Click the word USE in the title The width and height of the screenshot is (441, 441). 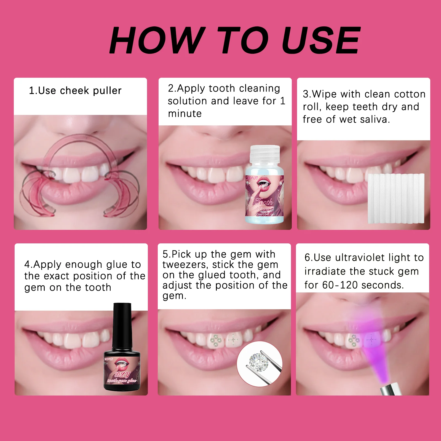pyautogui.click(x=321, y=41)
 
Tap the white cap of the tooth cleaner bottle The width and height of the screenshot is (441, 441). pyautogui.click(x=265, y=153)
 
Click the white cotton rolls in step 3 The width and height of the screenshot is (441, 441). pyautogui.click(x=396, y=198)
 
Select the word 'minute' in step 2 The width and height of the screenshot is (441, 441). pyautogui.click(x=185, y=114)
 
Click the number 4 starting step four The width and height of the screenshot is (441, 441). pyautogui.click(x=27, y=264)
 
